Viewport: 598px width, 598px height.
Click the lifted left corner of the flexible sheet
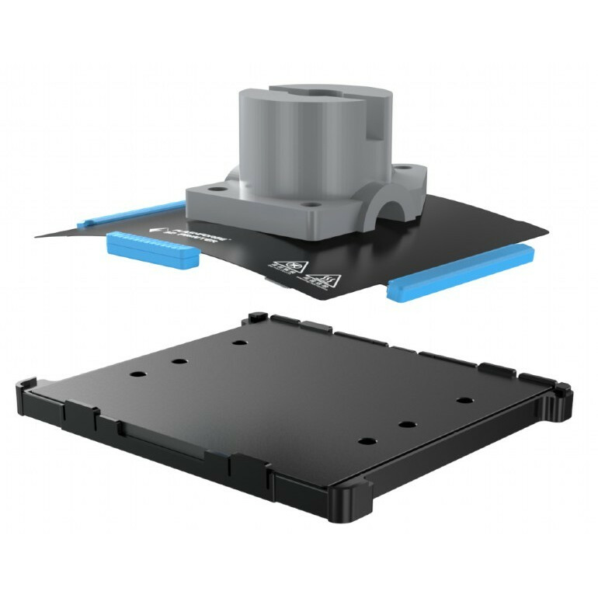click(47, 231)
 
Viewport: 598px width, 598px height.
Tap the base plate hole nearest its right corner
click(464, 400)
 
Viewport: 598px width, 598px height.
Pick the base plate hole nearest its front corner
click(366, 440)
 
